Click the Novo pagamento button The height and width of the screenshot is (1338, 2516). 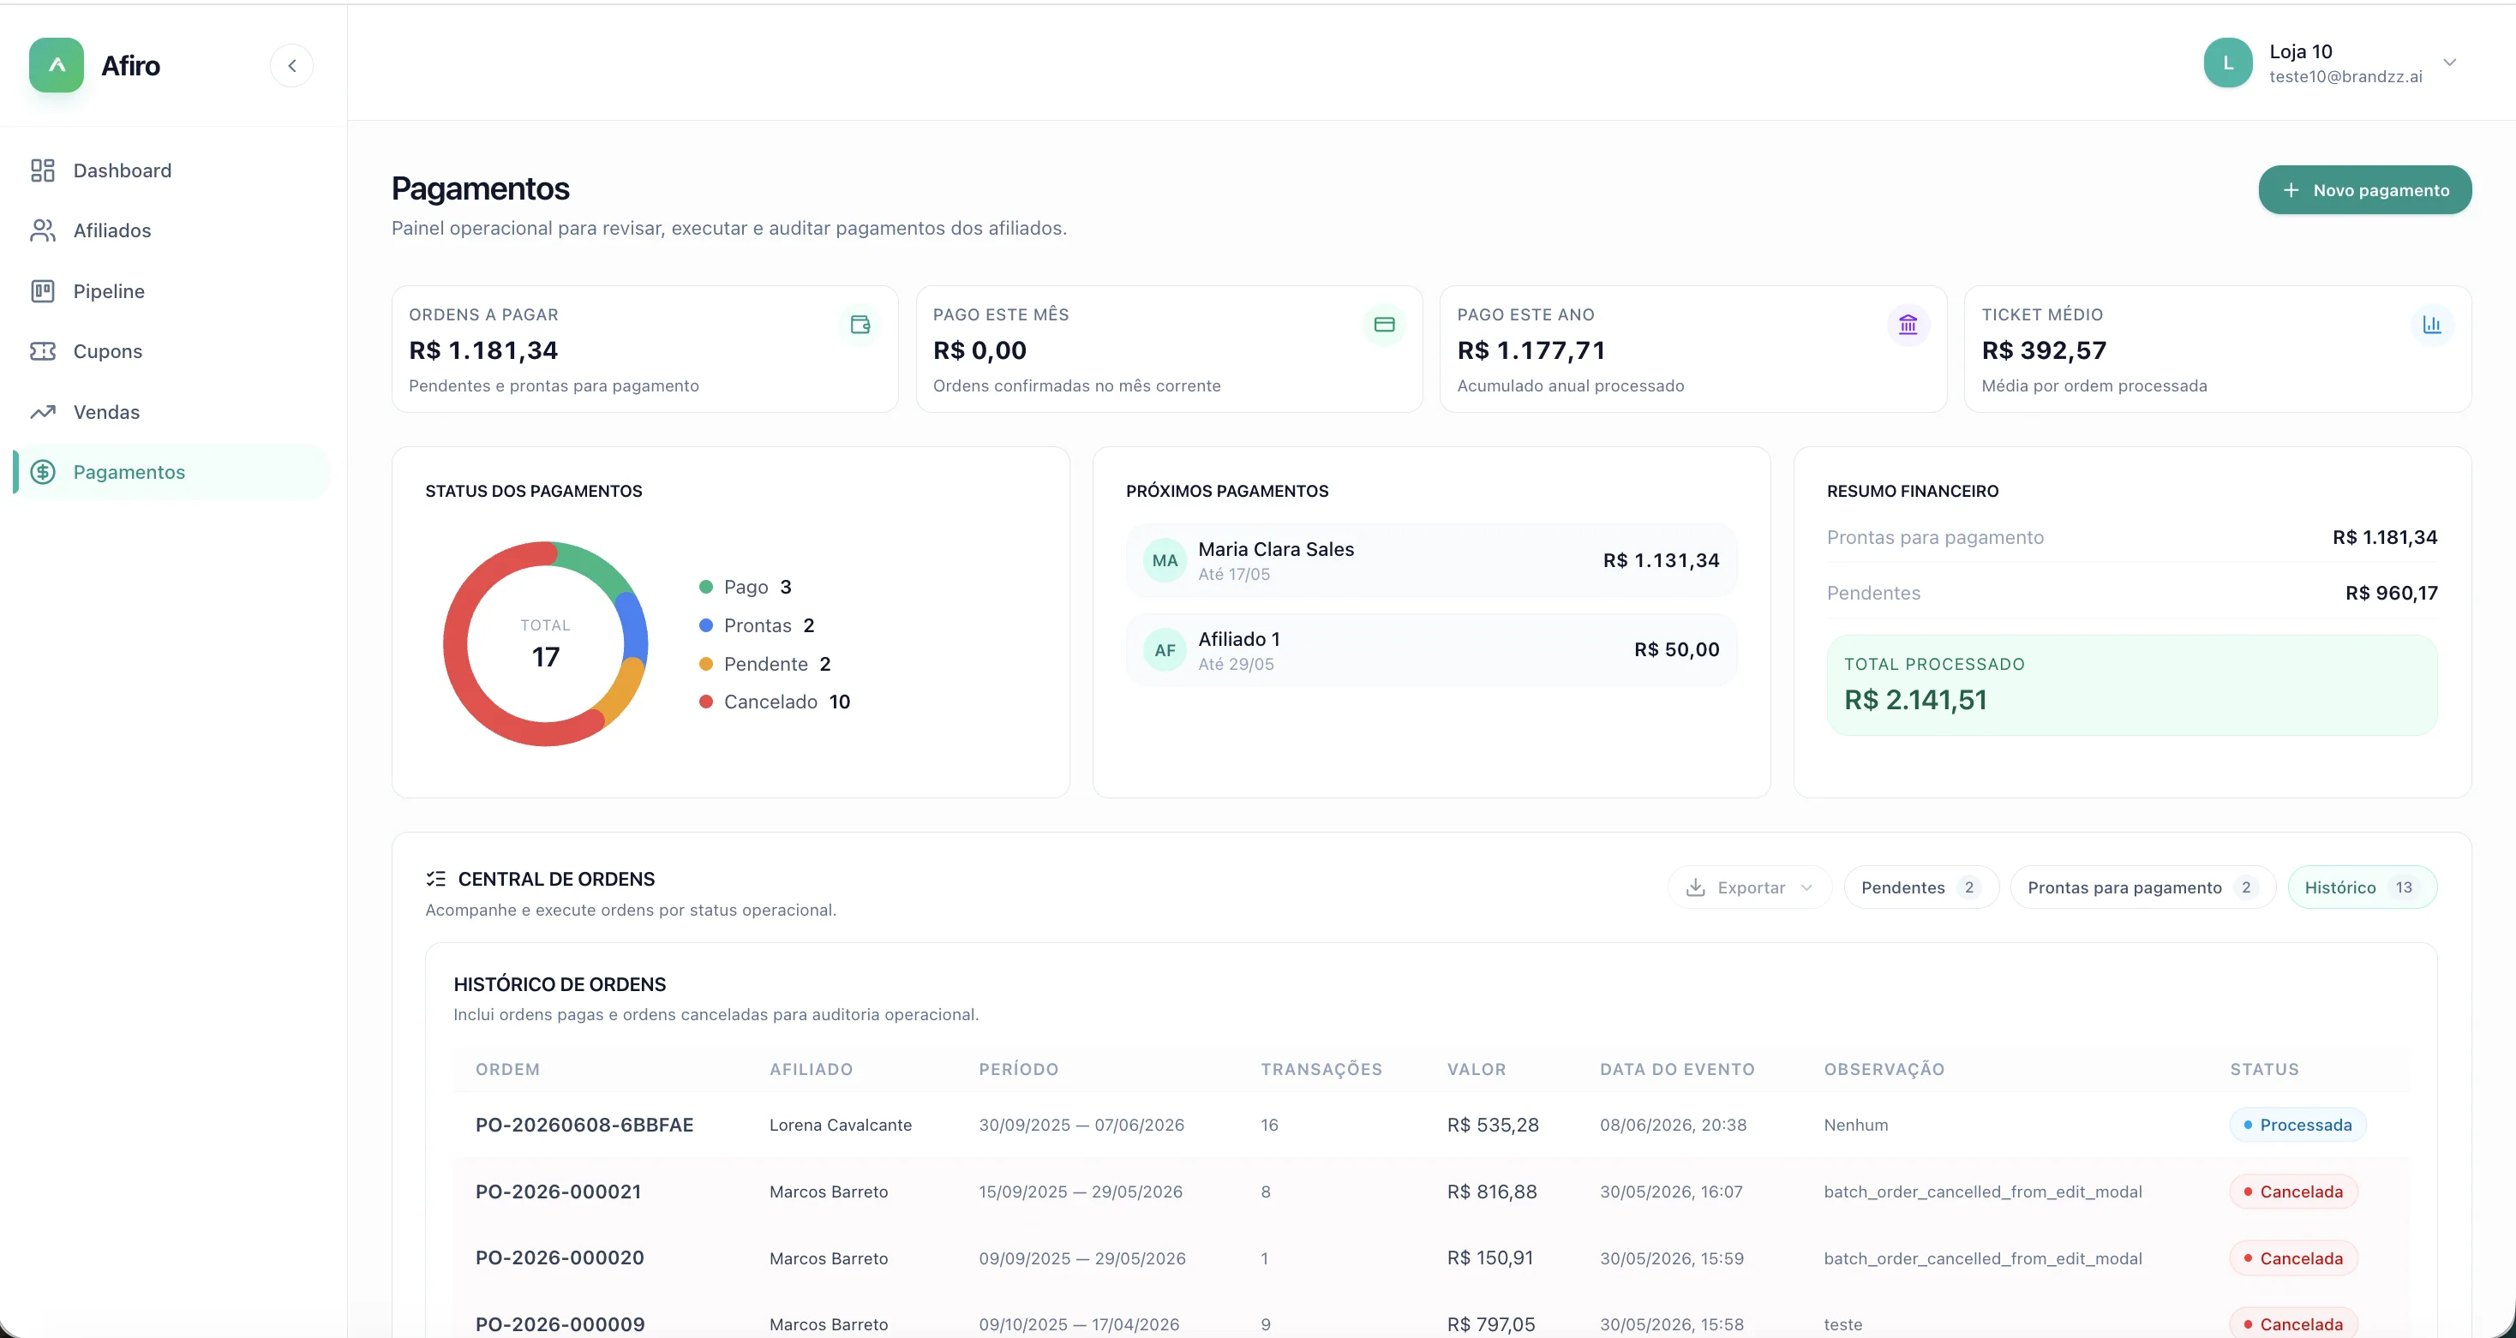click(2364, 190)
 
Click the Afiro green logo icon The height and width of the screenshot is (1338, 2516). click(57, 65)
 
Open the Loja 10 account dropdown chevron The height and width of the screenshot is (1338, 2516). click(2449, 63)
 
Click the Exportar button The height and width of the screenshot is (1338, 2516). click(1749, 887)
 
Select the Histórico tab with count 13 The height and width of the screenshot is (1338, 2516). click(2362, 887)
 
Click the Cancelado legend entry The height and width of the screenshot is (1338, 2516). click(775, 702)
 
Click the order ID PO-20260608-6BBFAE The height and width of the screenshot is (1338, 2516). click(584, 1125)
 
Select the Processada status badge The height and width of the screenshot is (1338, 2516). click(2297, 1125)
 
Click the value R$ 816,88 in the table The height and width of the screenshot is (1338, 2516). click(1491, 1192)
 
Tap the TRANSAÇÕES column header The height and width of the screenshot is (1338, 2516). click(1321, 1069)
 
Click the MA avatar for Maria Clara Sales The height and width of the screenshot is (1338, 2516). click(1165, 560)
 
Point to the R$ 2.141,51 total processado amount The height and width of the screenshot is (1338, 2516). click(1915, 700)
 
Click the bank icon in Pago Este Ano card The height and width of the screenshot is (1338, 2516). click(1908, 326)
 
